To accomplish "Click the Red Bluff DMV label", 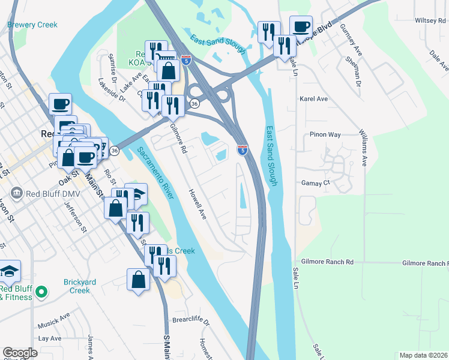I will point(50,193).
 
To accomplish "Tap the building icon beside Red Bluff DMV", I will point(17,193).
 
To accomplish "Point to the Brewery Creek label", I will point(32,25).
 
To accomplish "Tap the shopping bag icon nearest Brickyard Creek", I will point(138,280).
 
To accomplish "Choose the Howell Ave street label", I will point(198,205).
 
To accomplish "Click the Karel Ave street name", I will point(313,98).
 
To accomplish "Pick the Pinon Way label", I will point(325,135).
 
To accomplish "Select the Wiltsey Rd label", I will point(429,20).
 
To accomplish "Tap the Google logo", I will point(20,353).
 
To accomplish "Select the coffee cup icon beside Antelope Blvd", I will point(301,27).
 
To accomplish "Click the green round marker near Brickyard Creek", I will point(41,293).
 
